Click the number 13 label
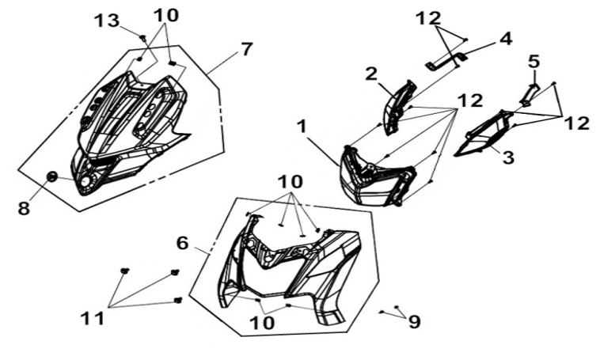click(107, 21)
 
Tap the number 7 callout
click(246, 49)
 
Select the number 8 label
click(24, 208)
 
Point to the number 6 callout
click(183, 243)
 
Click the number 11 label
click(93, 318)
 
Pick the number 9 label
click(415, 322)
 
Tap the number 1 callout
click(302, 127)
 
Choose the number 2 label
click(370, 74)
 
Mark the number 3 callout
click(507, 157)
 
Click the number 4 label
click(506, 39)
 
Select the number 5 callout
click(534, 61)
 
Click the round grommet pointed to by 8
click(52, 176)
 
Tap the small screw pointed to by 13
click(143, 38)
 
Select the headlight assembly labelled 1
click(377, 176)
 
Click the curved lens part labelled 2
click(400, 107)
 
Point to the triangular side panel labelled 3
click(484, 134)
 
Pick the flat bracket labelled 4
click(446, 62)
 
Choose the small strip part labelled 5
click(530, 95)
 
